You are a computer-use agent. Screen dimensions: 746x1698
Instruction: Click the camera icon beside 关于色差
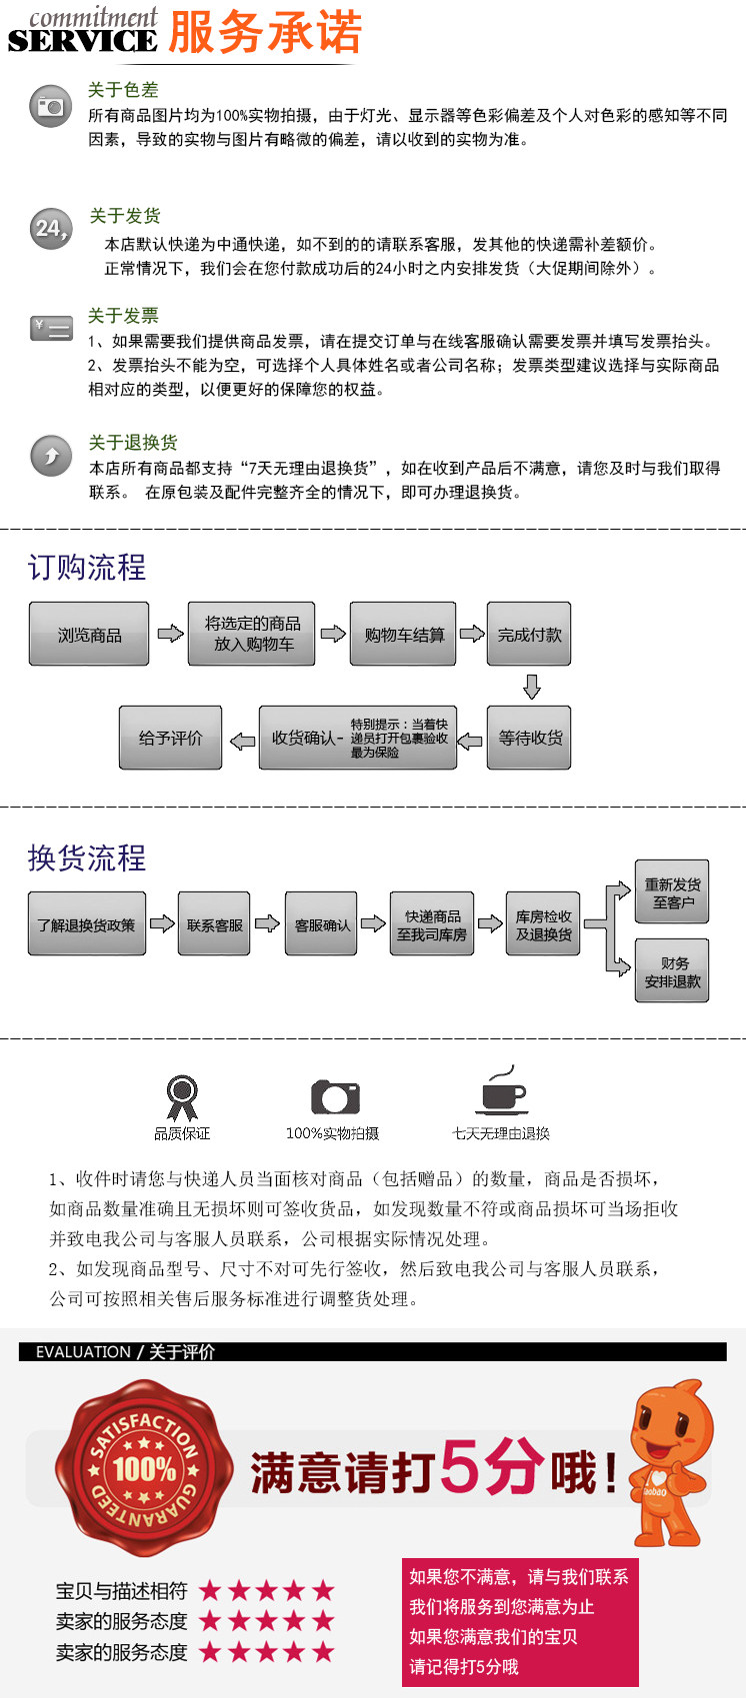click(51, 105)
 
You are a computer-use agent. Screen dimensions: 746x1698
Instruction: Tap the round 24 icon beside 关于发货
click(51, 228)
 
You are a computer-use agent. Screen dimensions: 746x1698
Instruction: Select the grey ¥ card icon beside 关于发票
click(52, 328)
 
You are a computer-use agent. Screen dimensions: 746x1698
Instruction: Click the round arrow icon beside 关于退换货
click(51, 455)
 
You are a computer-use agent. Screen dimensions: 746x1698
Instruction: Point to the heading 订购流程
click(86, 567)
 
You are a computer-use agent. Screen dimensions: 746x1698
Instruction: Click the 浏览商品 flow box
click(89, 634)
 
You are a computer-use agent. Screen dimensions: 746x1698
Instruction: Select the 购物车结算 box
click(403, 634)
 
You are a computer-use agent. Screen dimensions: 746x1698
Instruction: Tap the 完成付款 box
click(529, 634)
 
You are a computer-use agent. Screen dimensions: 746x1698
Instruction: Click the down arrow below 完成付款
click(531, 686)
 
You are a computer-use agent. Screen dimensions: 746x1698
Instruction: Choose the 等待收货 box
click(529, 738)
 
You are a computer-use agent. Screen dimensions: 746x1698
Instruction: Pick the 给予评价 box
click(171, 738)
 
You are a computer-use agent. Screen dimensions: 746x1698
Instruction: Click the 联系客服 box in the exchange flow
click(215, 923)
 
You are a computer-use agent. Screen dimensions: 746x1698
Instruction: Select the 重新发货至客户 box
click(672, 891)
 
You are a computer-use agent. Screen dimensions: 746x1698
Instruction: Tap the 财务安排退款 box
click(672, 971)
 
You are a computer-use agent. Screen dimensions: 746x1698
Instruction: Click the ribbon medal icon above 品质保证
click(182, 1097)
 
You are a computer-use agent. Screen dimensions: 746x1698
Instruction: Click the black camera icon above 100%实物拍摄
click(335, 1096)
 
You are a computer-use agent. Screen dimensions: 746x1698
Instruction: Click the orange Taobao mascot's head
click(674, 1420)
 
